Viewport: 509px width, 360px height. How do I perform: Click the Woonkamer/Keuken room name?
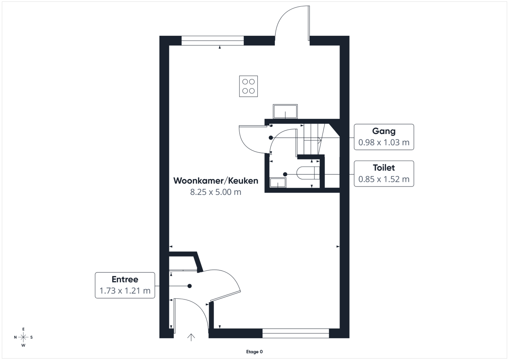[x=216, y=181]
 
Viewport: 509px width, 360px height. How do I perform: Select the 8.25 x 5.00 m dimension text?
[x=216, y=192]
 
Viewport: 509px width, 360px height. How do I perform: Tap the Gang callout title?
[x=384, y=131]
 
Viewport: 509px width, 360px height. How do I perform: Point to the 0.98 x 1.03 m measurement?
[x=384, y=142]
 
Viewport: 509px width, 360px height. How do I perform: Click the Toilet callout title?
[x=384, y=168]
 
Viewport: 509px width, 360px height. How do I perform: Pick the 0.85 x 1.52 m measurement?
[x=384, y=179]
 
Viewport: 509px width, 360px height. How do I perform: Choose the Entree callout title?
[x=125, y=279]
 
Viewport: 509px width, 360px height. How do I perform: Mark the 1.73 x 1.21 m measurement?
[x=125, y=291]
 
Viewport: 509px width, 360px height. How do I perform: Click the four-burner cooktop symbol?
[x=249, y=86]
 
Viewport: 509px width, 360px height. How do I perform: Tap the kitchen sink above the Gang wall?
[x=285, y=111]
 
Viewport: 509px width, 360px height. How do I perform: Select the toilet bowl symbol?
[x=308, y=173]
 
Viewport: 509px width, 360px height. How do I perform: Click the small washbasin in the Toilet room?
[x=278, y=183]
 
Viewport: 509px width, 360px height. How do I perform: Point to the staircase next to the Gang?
[x=316, y=139]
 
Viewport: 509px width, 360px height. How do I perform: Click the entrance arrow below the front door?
[x=191, y=337]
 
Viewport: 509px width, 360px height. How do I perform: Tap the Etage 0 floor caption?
[x=254, y=352]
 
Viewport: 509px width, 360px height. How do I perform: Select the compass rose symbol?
[x=23, y=337]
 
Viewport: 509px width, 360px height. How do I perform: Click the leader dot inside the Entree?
[x=190, y=286]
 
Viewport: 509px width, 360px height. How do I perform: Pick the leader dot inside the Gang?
[x=271, y=138]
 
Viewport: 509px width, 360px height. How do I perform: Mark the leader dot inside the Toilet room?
[x=285, y=174]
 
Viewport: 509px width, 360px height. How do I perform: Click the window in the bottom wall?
[x=295, y=333]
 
